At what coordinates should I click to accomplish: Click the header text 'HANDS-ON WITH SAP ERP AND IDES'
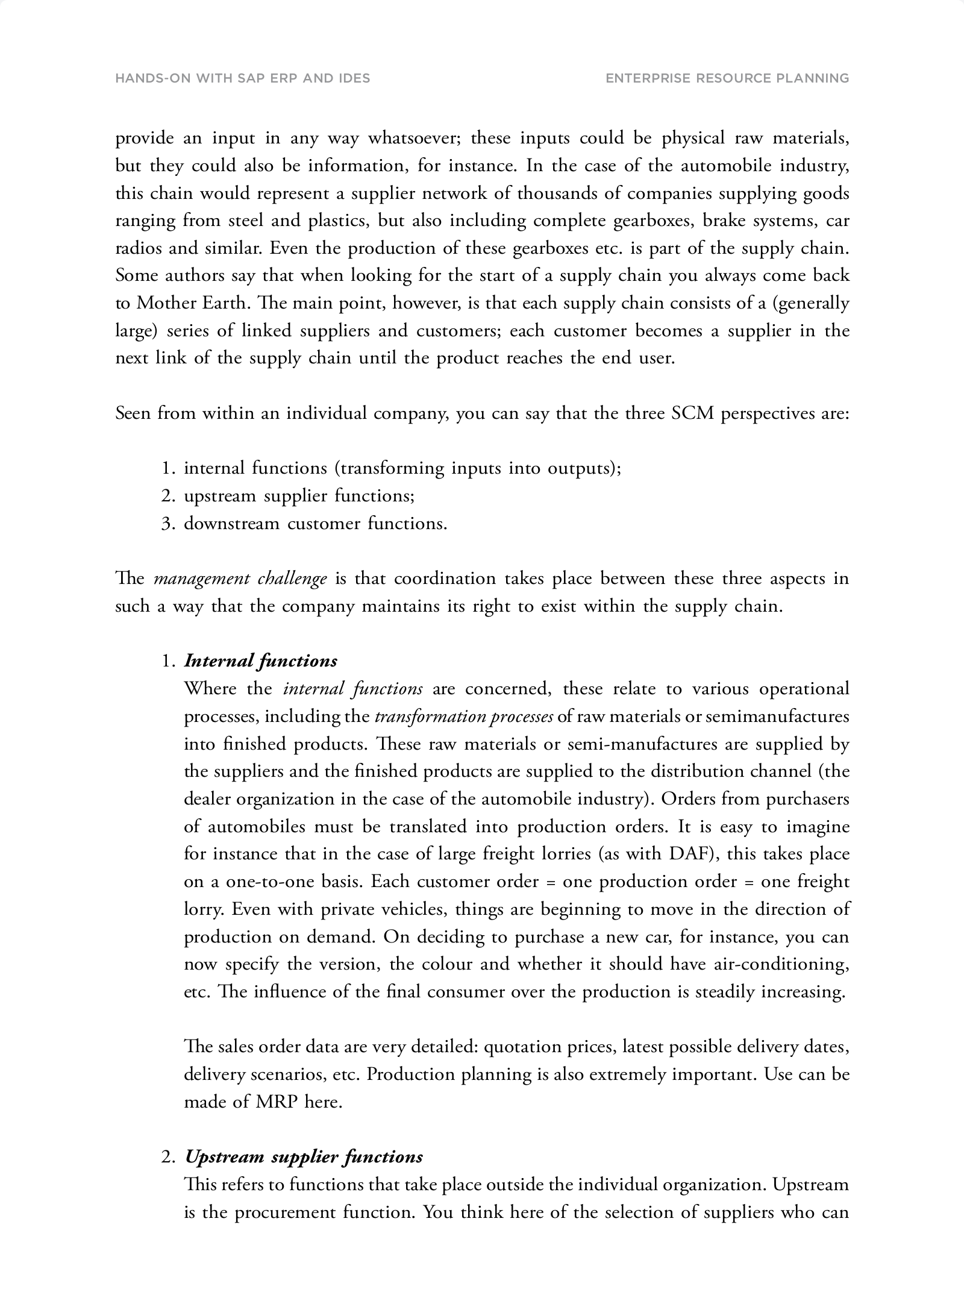tap(242, 78)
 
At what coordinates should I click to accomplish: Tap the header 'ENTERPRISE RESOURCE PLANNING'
tap(727, 78)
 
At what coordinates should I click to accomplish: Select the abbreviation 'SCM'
tap(692, 413)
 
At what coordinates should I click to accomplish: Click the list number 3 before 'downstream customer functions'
tap(167, 524)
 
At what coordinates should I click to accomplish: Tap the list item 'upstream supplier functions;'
tap(299, 496)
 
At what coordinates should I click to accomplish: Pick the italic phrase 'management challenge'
tap(240, 579)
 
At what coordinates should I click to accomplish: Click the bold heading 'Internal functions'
tap(260, 661)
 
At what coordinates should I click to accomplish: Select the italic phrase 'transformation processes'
tap(463, 716)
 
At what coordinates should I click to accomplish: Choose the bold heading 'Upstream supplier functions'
tap(303, 1157)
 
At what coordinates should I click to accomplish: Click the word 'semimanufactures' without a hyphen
tap(777, 716)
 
